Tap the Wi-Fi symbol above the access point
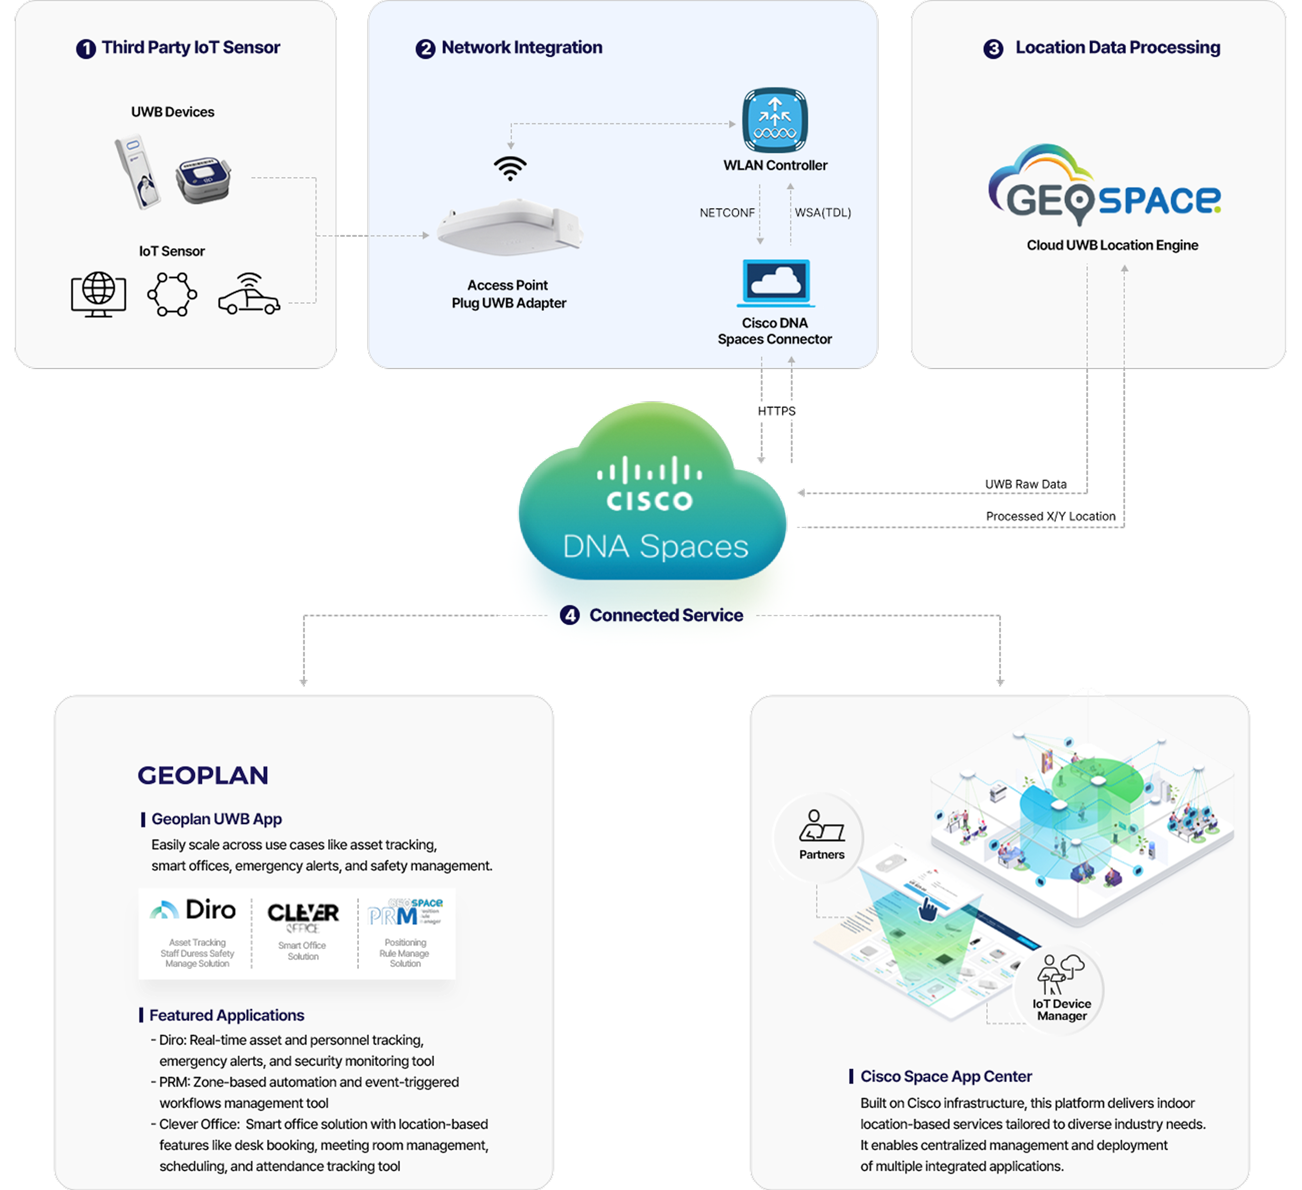[x=510, y=168]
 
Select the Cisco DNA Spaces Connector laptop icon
[x=776, y=283]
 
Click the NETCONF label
[x=727, y=212]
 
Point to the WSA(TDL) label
[x=822, y=212]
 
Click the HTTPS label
[x=776, y=411]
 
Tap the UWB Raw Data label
[x=1025, y=484]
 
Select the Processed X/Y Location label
[x=1050, y=516]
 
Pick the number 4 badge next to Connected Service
[x=569, y=615]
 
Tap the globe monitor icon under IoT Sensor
[x=98, y=294]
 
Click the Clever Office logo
[x=303, y=916]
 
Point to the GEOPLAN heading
[x=203, y=775]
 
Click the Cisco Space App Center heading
[x=945, y=1076]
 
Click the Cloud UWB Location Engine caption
[x=1112, y=245]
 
